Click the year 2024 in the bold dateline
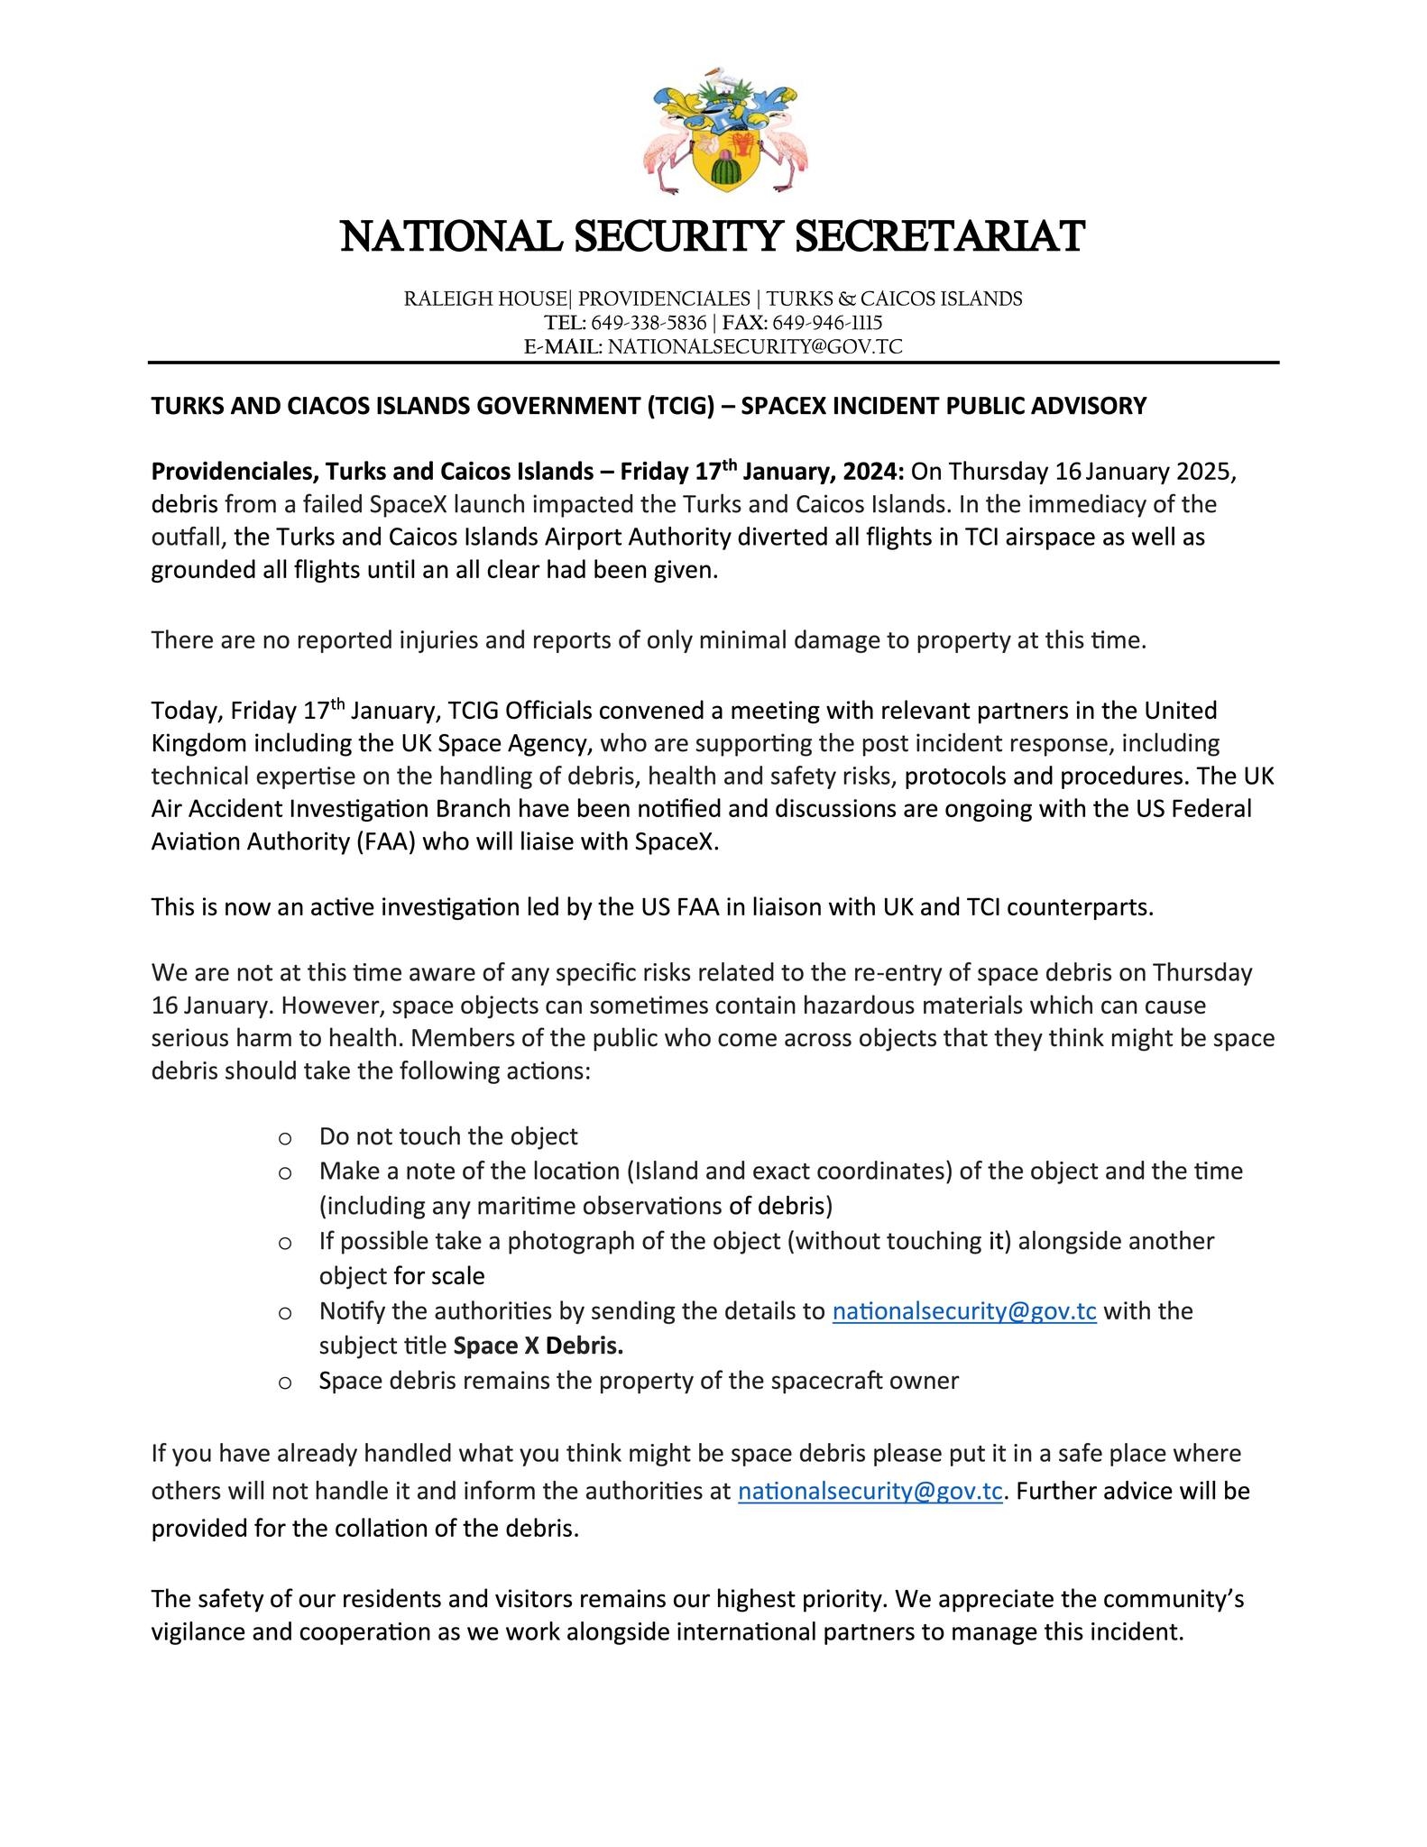tap(871, 472)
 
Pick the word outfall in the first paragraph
tap(189, 538)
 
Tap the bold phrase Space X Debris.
tap(539, 1346)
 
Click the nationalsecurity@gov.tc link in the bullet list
tap(963, 1311)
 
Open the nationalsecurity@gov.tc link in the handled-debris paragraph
tap(870, 1492)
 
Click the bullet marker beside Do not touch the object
tap(285, 1138)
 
